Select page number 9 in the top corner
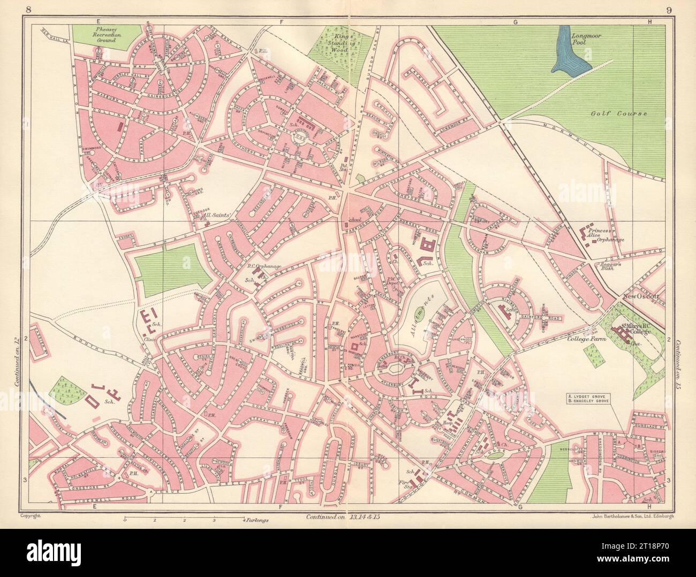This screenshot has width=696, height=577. (x=669, y=9)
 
